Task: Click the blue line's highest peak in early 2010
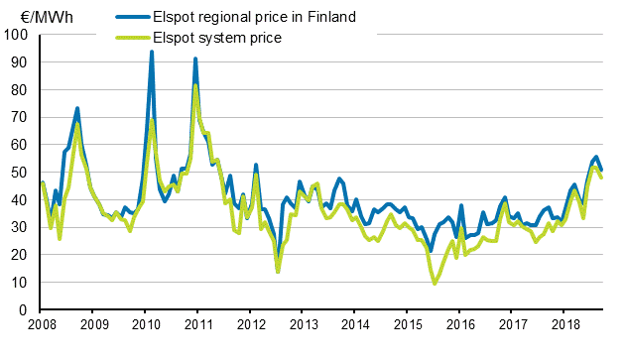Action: point(151,52)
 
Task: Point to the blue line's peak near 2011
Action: point(195,59)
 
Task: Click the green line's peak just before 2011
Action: point(195,85)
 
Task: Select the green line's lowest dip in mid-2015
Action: point(435,284)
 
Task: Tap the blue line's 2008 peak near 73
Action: point(77,108)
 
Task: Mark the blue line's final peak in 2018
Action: point(595,157)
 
